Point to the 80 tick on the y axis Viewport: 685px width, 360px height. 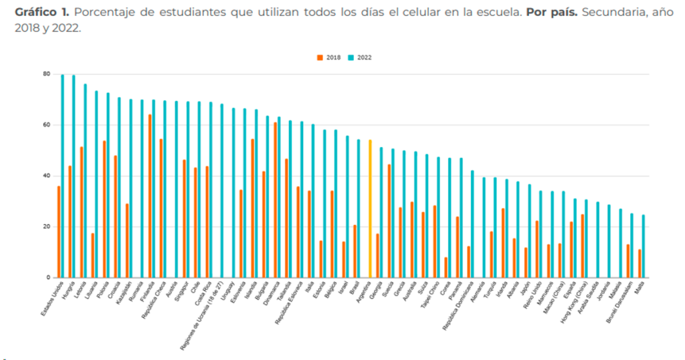coord(47,74)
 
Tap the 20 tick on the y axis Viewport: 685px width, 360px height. coord(47,227)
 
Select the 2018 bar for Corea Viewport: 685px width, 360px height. coord(446,267)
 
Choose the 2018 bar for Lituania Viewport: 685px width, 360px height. coord(93,255)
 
